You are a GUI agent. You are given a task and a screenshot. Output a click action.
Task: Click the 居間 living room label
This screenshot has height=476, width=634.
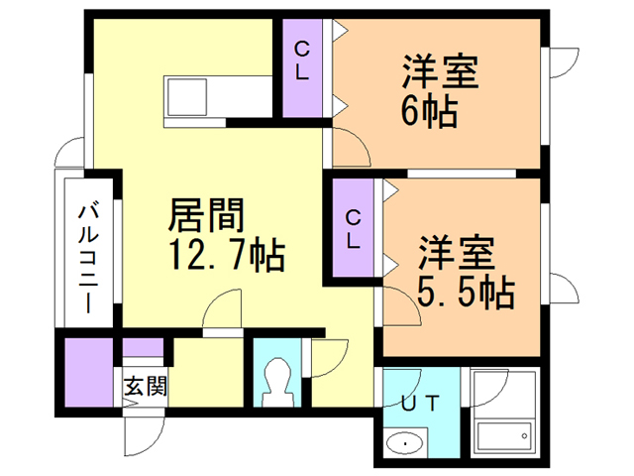[x=206, y=213]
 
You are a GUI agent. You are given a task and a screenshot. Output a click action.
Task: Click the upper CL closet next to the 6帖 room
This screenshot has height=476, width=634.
[x=302, y=64]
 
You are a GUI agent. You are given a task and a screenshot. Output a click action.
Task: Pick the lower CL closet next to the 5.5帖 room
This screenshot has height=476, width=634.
[x=354, y=227]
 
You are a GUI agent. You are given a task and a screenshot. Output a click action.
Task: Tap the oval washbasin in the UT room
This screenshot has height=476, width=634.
[x=405, y=443]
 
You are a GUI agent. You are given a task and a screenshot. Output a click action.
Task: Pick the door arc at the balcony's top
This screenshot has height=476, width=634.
[x=70, y=155]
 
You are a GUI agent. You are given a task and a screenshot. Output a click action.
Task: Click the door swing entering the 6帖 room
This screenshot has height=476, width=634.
[x=352, y=150]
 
